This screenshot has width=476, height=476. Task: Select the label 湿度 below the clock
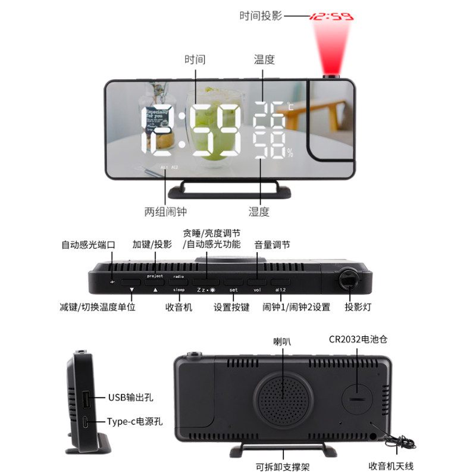(259, 211)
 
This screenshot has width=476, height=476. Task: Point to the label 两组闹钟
(165, 211)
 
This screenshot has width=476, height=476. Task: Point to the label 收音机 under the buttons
(178, 308)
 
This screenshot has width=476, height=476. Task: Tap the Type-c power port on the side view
(87, 422)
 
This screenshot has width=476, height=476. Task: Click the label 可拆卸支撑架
(283, 467)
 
